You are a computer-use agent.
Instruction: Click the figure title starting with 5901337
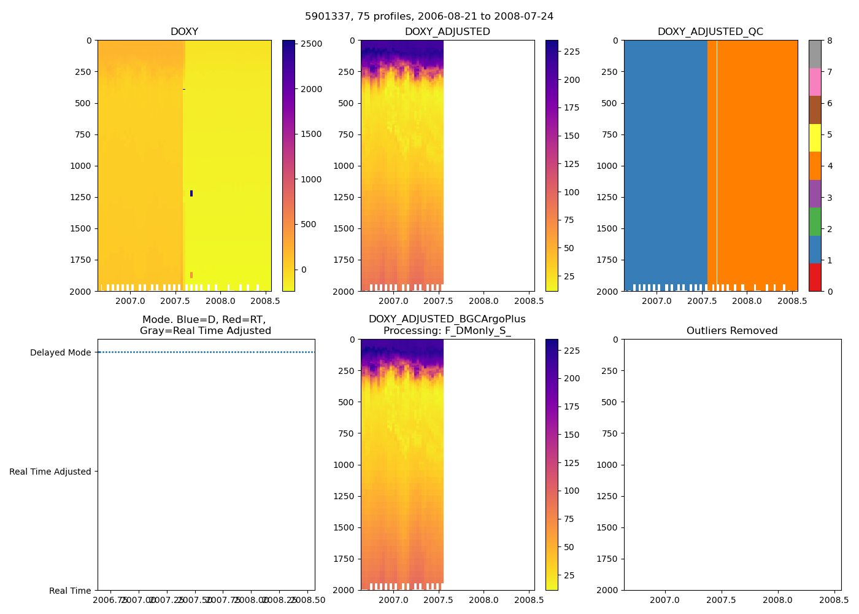click(x=429, y=17)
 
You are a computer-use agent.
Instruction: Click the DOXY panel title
click(x=184, y=32)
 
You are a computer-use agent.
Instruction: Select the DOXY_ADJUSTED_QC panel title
click(x=710, y=32)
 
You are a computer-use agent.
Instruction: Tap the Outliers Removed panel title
click(x=732, y=331)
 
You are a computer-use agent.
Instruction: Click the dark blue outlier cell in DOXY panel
click(x=191, y=193)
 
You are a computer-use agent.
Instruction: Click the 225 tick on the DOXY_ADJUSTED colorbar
click(x=572, y=52)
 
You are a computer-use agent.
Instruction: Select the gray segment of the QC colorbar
click(x=815, y=54)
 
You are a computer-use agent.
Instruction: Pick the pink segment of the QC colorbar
click(x=815, y=82)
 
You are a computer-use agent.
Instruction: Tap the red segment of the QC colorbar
click(x=815, y=277)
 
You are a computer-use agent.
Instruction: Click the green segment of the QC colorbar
click(x=815, y=221)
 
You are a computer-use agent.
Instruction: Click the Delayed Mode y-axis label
click(x=60, y=352)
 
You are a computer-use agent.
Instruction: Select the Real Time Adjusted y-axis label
click(x=50, y=472)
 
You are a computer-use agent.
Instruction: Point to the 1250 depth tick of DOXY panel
click(x=80, y=197)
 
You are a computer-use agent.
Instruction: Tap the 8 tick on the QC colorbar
click(x=830, y=41)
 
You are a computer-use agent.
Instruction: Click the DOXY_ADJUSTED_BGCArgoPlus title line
click(x=447, y=319)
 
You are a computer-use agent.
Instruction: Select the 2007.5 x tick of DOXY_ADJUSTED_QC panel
click(x=701, y=301)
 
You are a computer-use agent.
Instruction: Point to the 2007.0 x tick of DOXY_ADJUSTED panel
click(x=393, y=301)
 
